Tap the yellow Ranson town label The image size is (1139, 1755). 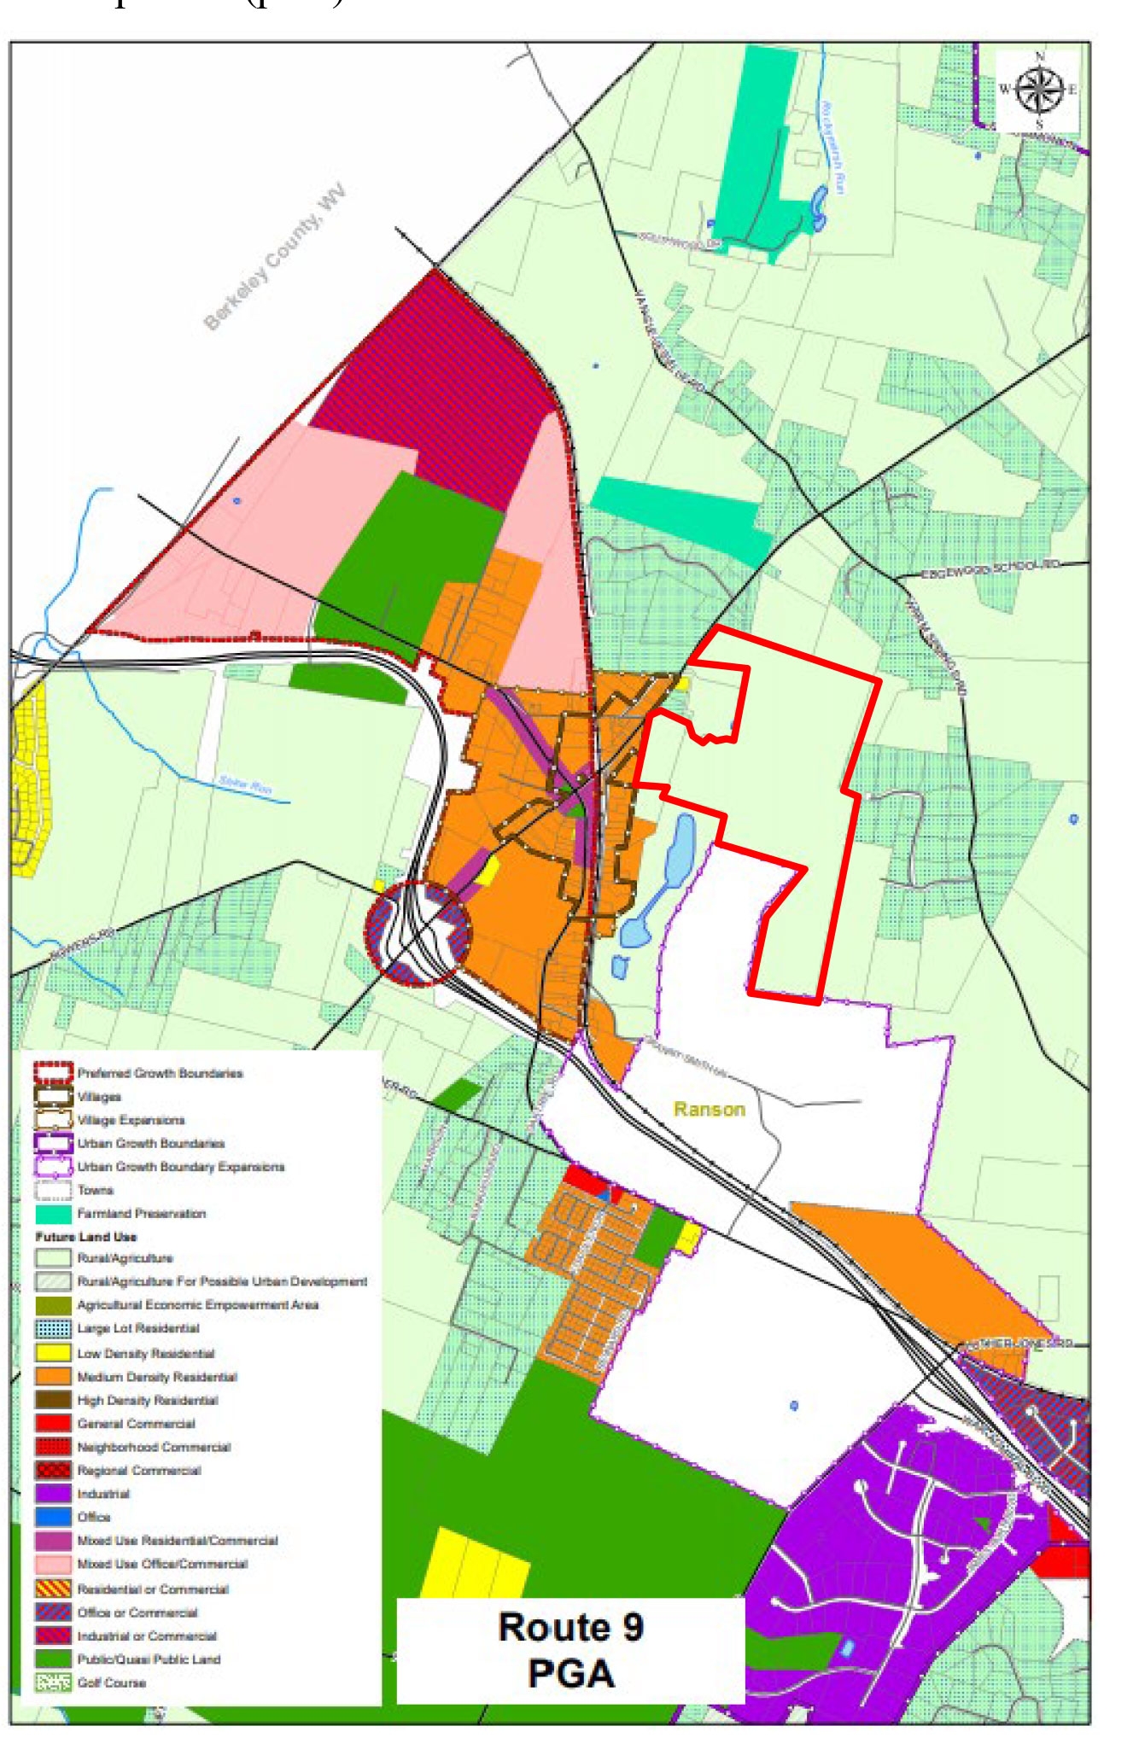[x=709, y=1109]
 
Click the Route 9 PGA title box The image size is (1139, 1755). [x=570, y=1650]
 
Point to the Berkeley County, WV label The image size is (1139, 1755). [x=275, y=255]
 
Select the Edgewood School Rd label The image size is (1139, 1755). [x=990, y=569]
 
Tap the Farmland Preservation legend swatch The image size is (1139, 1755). [x=53, y=1213]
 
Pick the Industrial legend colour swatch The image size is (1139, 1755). [x=53, y=1494]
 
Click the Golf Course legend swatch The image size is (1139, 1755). [x=53, y=1682]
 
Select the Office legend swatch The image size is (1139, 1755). [x=53, y=1517]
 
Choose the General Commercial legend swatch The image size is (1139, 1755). [x=53, y=1423]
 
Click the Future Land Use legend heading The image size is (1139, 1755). [x=85, y=1236]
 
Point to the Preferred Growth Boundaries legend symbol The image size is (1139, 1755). [x=53, y=1073]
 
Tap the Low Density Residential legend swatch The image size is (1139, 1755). [x=53, y=1353]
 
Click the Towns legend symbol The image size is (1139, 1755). [x=53, y=1190]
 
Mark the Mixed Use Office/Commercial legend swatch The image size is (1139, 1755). [x=53, y=1564]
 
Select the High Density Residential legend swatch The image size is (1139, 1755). [x=53, y=1400]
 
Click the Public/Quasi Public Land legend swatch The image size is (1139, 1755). [x=53, y=1659]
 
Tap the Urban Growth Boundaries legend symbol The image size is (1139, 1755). [x=53, y=1143]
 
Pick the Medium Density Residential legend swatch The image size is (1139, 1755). [x=53, y=1376]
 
